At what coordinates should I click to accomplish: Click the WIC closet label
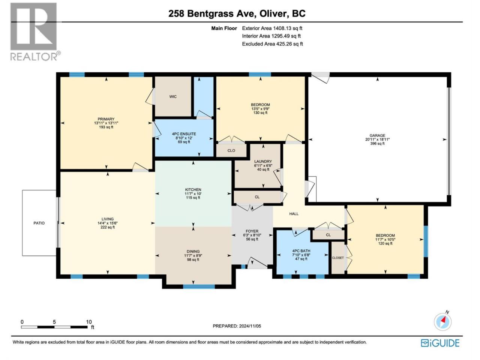point(173,97)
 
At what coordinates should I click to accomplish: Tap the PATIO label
point(39,223)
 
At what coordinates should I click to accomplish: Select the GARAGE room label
point(378,135)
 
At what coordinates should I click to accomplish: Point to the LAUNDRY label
point(263,162)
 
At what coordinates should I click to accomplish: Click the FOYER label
point(252,231)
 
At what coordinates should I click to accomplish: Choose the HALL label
point(294,214)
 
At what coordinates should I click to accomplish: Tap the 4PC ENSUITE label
point(184,134)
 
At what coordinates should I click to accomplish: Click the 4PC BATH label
point(301,251)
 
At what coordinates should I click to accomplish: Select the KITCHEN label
point(193,189)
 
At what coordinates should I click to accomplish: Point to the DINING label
point(193,251)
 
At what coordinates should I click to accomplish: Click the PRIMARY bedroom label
point(106,119)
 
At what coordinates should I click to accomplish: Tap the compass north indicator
point(442,321)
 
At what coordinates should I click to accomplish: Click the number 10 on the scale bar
point(89,322)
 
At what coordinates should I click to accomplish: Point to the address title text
point(237,13)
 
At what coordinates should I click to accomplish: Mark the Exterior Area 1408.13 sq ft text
point(272,28)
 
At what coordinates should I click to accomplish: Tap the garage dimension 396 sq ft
point(377,143)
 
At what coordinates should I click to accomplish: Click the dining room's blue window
point(199,286)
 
